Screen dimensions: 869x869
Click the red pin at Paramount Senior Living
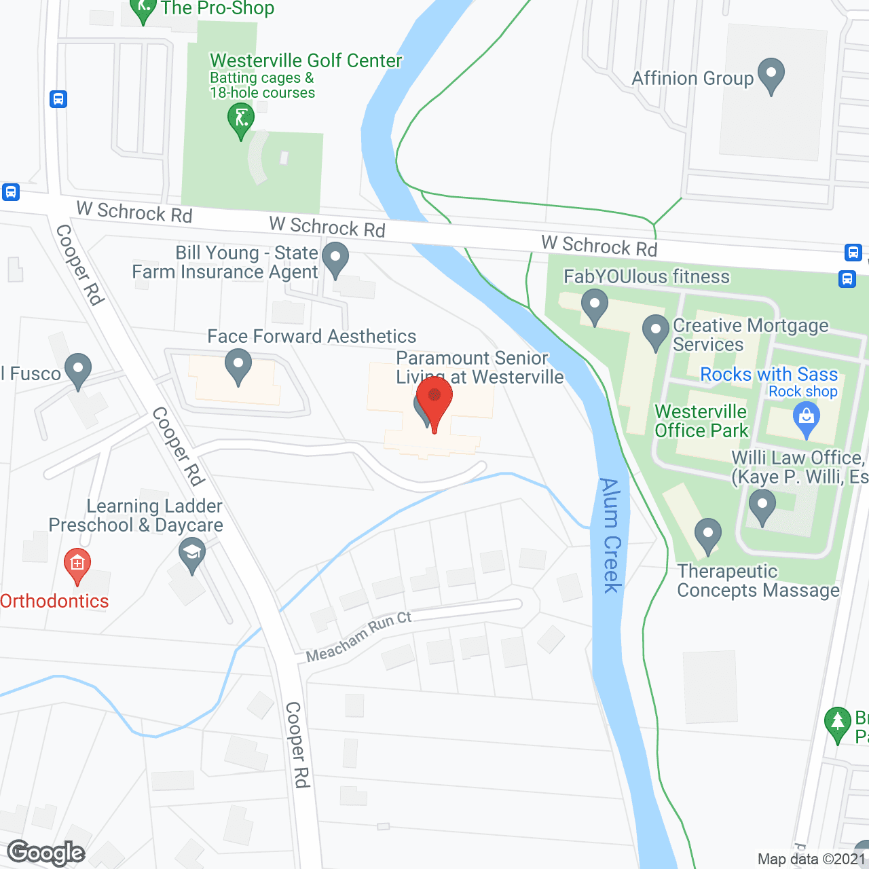coord(434,401)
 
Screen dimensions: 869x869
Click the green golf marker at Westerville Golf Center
coord(240,119)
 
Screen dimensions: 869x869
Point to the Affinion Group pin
coord(771,75)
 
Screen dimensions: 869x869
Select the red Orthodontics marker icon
coord(77,564)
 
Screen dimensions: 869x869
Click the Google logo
coord(46,853)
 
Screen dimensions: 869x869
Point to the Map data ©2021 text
coord(811,859)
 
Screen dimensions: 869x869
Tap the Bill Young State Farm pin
coord(335,259)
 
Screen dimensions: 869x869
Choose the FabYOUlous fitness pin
coord(595,305)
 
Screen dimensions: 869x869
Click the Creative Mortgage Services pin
coord(656,331)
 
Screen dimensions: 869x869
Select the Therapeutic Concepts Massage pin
coord(707,535)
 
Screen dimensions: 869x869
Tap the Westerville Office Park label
coord(701,421)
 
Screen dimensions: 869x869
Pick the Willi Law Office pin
coord(762,506)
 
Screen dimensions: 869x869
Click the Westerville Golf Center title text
coord(306,60)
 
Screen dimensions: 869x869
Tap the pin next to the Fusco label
coord(78,370)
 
